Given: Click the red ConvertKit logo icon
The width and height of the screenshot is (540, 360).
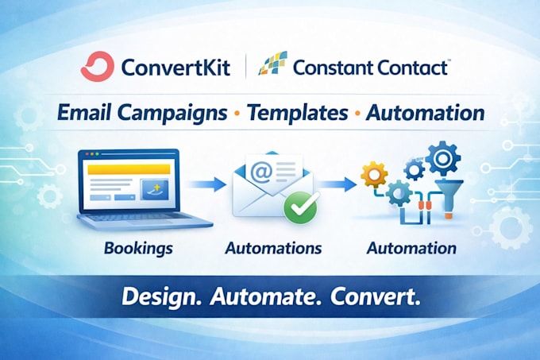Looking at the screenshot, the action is pyautogui.click(x=97, y=66).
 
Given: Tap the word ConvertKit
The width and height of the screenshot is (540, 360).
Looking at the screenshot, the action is pyautogui.click(x=175, y=67).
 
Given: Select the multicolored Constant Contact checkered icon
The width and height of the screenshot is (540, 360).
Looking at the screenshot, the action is pyautogui.click(x=272, y=63).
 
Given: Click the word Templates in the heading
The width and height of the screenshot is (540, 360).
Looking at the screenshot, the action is pyautogui.click(x=297, y=113).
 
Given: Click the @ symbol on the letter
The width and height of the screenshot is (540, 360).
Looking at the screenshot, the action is pyautogui.click(x=261, y=171).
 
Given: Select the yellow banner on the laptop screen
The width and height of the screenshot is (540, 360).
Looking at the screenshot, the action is pyautogui.click(x=129, y=169).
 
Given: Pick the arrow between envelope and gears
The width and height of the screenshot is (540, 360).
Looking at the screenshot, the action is pyautogui.click(x=337, y=184).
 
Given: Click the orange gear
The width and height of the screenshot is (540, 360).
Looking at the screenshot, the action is pyautogui.click(x=374, y=175).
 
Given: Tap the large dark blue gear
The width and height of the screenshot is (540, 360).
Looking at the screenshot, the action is pyautogui.click(x=442, y=158).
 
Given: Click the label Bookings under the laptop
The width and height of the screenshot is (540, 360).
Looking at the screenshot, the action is pyautogui.click(x=138, y=249).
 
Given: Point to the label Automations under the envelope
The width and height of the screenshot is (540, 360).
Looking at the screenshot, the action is pyautogui.click(x=273, y=248).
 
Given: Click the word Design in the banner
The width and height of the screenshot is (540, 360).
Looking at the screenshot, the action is pyautogui.click(x=161, y=297).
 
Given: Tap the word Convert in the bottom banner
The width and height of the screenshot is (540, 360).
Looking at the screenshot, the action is pyautogui.click(x=376, y=297).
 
